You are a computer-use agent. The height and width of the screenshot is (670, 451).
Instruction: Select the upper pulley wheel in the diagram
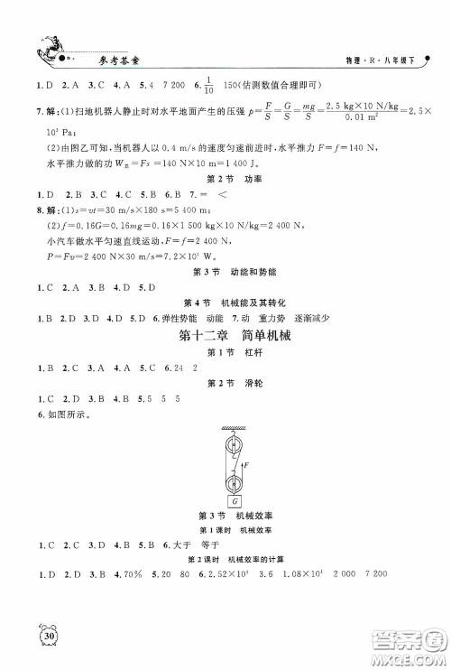coord(235,444)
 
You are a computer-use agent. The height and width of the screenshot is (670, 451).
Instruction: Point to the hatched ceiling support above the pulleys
coord(235,426)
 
